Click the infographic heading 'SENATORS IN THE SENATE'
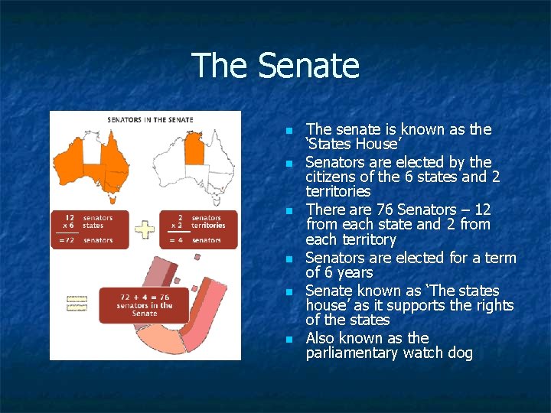point(150,119)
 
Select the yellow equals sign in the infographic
point(77,304)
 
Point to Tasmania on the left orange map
point(113,200)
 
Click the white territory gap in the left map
point(93,153)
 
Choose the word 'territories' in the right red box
point(208,226)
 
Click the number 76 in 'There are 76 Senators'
point(377,210)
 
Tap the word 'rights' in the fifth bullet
point(494,305)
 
